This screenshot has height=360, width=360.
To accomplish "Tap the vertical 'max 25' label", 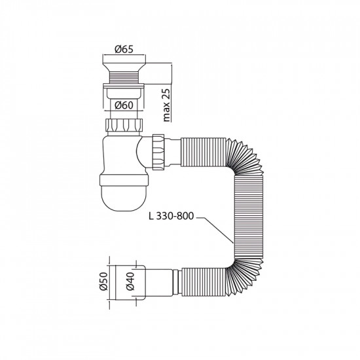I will click(167, 105).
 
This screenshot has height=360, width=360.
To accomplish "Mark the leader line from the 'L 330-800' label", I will click(216, 232).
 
